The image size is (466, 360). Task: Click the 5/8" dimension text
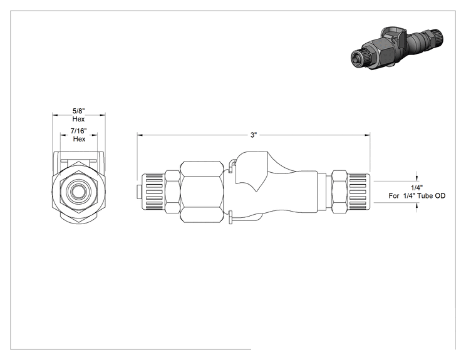[x=79, y=111]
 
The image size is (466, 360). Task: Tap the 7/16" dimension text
[x=78, y=131]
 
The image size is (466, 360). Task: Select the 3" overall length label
[x=253, y=135]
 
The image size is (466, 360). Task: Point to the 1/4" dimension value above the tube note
[x=417, y=188]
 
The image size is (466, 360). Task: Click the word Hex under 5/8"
[x=78, y=119]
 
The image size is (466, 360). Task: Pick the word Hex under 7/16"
[x=79, y=139]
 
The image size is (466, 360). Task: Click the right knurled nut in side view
[x=359, y=192]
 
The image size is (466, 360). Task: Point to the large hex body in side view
[x=202, y=192]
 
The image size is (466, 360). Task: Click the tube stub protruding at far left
[x=138, y=192]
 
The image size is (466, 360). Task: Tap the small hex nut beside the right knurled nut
[x=339, y=192]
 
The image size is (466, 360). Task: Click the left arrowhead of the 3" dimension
[x=140, y=135]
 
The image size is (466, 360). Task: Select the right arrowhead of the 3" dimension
[x=367, y=135]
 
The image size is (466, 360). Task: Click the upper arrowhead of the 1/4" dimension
[x=417, y=178]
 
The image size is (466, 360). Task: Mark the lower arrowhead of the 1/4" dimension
[x=417, y=206]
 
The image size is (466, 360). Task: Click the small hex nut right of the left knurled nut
[x=172, y=192]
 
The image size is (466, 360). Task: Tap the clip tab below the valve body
[x=230, y=218]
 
